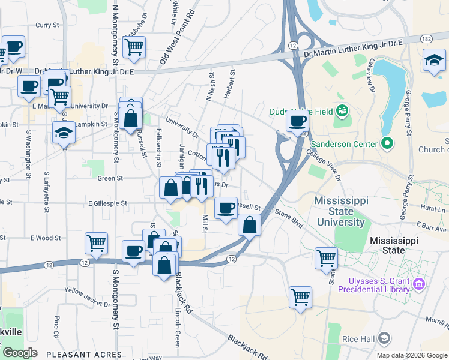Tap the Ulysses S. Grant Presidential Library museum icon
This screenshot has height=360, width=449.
[x=419, y=282]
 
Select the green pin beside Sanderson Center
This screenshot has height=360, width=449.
[x=386, y=144]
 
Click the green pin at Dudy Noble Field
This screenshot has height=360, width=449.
[x=342, y=110]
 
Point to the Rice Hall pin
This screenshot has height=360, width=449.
[x=385, y=338]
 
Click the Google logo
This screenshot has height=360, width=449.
[x=20, y=353]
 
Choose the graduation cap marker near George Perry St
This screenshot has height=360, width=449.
[x=434, y=60]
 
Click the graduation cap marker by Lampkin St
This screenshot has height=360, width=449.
[x=64, y=133]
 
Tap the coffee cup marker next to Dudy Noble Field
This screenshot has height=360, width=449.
[x=296, y=121]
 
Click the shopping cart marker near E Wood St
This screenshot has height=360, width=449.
[x=96, y=243]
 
